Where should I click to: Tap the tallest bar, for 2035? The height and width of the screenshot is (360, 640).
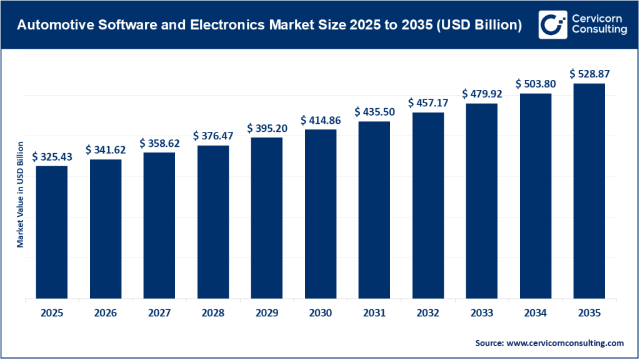[x=589, y=191]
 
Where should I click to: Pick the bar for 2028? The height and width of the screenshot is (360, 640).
[x=213, y=222]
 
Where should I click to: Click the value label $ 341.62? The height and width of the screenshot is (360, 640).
[x=106, y=149]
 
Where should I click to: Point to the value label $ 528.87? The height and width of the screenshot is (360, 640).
[x=589, y=74]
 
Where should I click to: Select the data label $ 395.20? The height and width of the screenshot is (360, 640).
[x=267, y=127]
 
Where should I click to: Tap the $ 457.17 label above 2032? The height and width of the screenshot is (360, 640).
[x=428, y=102]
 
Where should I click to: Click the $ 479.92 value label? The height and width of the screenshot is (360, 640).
[x=482, y=93]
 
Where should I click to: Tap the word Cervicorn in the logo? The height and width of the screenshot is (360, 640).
[x=598, y=17]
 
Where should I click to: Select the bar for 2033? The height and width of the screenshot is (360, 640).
[x=482, y=201]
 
